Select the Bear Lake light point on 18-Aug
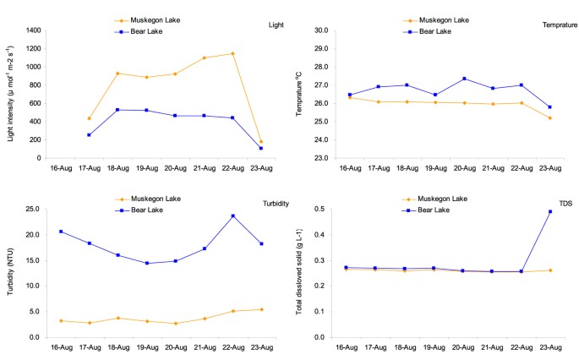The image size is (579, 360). point(118,110)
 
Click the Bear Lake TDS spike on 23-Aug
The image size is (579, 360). point(551,211)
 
